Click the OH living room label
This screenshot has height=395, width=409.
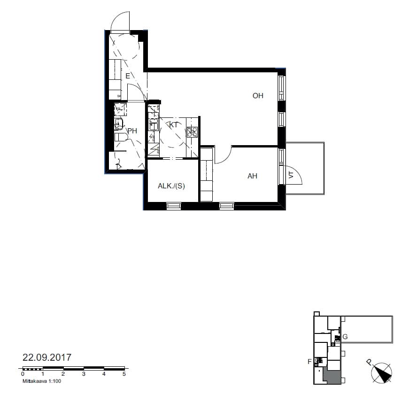258,96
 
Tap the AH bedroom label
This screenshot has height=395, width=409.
252,176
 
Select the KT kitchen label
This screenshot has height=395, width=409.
173,125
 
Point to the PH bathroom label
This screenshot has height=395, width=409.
132,131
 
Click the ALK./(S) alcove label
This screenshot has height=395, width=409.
171,186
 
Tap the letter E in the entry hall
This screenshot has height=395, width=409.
128,76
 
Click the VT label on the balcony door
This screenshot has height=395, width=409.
291,175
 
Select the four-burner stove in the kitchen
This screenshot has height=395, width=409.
193,132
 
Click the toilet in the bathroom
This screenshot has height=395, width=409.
121,137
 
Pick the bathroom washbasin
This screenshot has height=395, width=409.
119,123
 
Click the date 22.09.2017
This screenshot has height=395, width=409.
47,357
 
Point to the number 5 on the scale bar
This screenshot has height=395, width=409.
124,374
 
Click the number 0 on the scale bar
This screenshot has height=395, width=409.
23,374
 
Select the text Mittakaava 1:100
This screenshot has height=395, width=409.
42,381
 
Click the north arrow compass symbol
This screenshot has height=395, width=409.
381,373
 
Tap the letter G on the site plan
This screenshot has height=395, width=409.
345,337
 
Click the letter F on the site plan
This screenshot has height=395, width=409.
309,362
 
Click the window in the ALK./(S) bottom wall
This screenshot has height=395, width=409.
174,206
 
